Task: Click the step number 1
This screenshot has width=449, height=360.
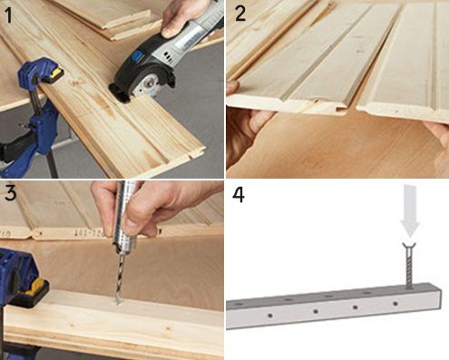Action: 9,15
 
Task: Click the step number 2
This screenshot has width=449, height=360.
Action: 240,14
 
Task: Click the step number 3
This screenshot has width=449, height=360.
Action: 11,193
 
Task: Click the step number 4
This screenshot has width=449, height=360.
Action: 239,195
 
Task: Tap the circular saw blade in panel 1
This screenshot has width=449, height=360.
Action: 145,87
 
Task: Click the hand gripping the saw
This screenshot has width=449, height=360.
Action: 181,18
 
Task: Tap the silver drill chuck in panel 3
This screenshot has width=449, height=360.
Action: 124,217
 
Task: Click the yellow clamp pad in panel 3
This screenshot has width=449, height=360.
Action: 35,287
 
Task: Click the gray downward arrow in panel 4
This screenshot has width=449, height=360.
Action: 410,211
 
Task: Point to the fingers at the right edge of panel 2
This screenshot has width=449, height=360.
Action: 437,132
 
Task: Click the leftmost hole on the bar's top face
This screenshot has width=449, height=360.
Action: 239,304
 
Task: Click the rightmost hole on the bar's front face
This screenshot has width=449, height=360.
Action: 395,303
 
